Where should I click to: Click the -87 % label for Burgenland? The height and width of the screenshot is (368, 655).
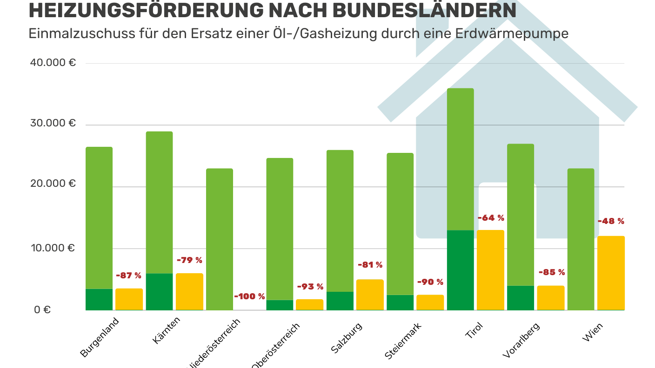click(128, 276)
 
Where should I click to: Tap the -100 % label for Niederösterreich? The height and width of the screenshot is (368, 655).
click(249, 296)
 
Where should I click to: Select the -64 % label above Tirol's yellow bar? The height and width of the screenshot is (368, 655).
click(491, 218)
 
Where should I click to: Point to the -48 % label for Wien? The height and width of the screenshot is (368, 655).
click(611, 221)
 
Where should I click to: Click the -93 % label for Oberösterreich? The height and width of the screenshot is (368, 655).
click(310, 287)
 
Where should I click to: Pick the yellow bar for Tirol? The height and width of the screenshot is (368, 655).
click(490, 270)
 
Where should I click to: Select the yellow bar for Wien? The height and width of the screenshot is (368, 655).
click(610, 273)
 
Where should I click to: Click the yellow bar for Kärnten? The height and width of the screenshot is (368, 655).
click(189, 291)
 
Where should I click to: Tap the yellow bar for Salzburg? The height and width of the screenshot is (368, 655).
click(370, 295)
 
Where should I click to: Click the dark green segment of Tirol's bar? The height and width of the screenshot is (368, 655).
click(460, 270)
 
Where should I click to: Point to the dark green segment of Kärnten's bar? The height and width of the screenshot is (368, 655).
click(159, 291)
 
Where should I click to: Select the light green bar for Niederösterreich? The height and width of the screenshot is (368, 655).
click(219, 239)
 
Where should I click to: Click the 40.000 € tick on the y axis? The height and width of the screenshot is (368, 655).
click(53, 63)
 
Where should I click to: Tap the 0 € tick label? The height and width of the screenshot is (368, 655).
click(42, 309)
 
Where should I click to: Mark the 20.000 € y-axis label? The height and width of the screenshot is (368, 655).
click(53, 184)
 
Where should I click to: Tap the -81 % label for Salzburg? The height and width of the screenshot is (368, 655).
click(370, 265)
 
